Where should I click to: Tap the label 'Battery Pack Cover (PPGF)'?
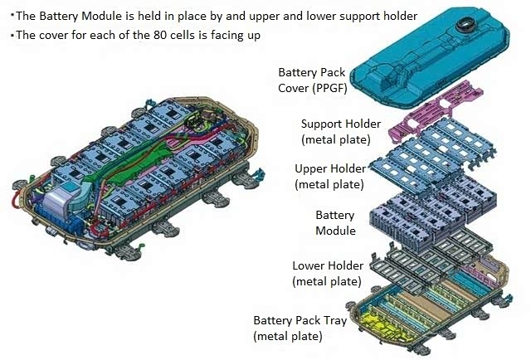[x=312, y=80]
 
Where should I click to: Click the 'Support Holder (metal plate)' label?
[x=336, y=130]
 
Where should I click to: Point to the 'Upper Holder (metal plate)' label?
[x=329, y=176]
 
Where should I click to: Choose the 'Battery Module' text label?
[x=335, y=222]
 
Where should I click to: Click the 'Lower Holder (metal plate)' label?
[x=328, y=273]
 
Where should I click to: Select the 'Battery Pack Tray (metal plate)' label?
[x=300, y=328]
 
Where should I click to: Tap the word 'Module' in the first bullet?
[x=91, y=16]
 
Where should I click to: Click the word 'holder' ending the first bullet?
[x=398, y=16]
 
